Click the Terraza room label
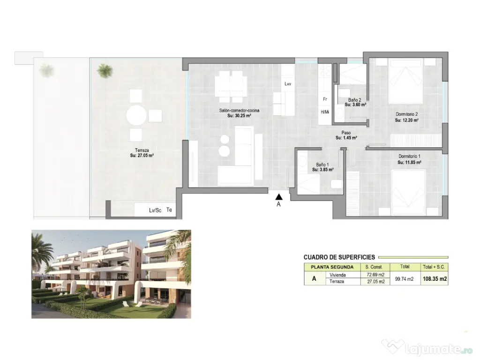pyautogui.click(x=142, y=150)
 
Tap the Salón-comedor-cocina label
pyautogui.click(x=239, y=111)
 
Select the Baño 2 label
pyautogui.click(x=355, y=100)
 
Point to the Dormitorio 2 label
pyautogui.click(x=406, y=114)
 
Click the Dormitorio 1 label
pyautogui.click(x=409, y=156)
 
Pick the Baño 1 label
pyautogui.click(x=322, y=165)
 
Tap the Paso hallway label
pyautogui.click(x=346, y=133)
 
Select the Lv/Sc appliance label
pyautogui.click(x=155, y=210)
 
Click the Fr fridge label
pyautogui.click(x=324, y=99)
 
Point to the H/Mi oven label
pyautogui.click(x=324, y=112)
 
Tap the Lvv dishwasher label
pyautogui.click(x=288, y=84)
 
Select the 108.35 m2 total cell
pyautogui.click(x=435, y=278)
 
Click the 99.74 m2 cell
pyautogui.click(x=404, y=279)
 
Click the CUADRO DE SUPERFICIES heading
pyautogui.click(x=339, y=257)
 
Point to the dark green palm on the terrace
pyautogui.click(x=105, y=71)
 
